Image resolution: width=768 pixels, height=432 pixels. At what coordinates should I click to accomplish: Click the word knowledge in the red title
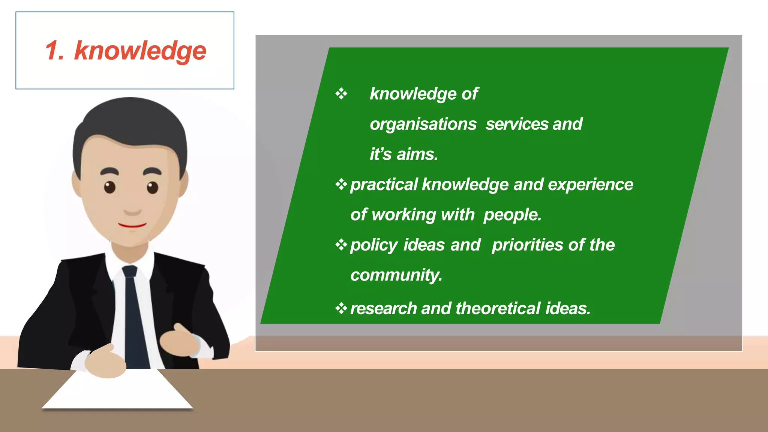[x=140, y=51]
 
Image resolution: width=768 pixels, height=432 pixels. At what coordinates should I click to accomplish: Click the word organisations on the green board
[x=423, y=124]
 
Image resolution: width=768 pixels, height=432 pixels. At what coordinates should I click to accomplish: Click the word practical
[x=384, y=185]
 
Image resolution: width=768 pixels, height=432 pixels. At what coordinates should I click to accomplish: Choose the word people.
[x=512, y=215]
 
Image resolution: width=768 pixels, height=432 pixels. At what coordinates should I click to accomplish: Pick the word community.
[x=396, y=275]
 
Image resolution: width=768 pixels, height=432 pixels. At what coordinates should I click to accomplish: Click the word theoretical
[x=498, y=309]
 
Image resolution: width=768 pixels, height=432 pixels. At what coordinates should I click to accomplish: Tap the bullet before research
[x=341, y=309]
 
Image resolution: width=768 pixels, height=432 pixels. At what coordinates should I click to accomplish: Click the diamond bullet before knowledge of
[x=341, y=93]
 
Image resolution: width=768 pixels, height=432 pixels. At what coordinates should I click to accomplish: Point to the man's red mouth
[x=132, y=225]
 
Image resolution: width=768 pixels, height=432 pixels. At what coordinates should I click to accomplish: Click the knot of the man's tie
[x=130, y=271]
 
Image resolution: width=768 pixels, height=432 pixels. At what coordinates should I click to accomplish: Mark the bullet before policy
[x=341, y=245]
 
